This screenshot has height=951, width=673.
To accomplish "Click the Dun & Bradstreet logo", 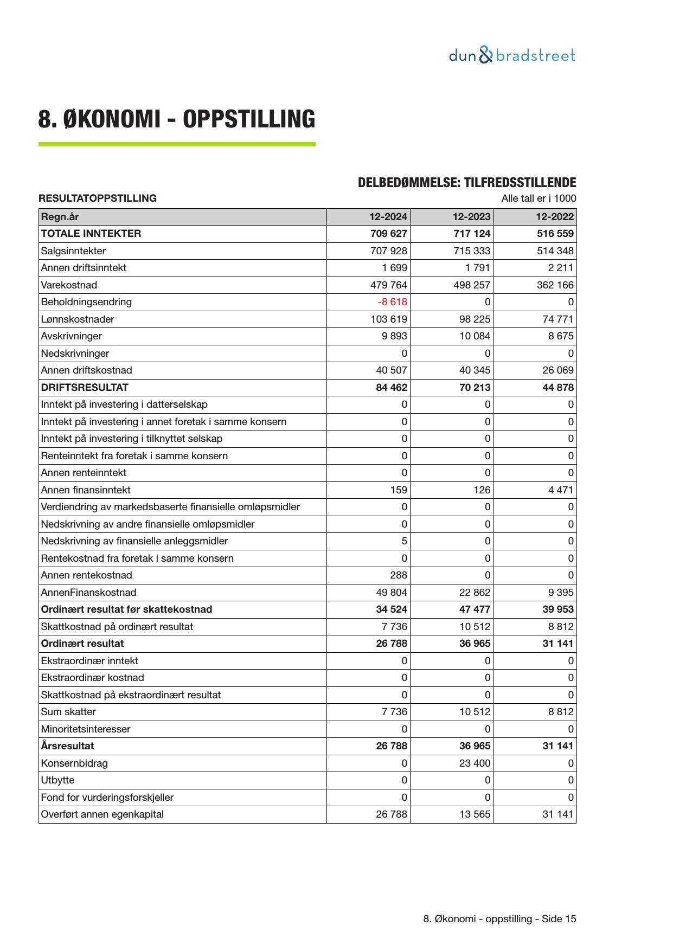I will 512,55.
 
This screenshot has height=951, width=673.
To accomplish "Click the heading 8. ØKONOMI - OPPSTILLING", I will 176,119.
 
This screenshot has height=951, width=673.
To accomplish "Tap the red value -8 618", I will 392,302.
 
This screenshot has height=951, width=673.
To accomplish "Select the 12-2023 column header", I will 471,217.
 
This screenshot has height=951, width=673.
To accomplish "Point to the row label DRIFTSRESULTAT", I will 85,388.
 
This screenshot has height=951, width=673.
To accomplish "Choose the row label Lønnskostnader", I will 78,319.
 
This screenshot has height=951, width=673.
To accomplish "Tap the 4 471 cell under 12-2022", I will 561,490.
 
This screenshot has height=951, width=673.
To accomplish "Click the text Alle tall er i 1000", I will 539,198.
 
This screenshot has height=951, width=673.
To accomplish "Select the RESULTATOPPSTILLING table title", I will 98,198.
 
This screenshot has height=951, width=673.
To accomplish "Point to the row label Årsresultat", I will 67,746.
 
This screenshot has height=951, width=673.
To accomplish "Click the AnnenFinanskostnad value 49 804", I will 392,593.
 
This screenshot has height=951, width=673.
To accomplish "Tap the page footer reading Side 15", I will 499,919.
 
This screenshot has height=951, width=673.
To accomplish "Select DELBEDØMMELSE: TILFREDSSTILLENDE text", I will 466,183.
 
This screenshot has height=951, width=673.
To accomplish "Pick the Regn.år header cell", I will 60,217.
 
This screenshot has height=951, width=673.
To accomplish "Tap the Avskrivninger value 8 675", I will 561,336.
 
